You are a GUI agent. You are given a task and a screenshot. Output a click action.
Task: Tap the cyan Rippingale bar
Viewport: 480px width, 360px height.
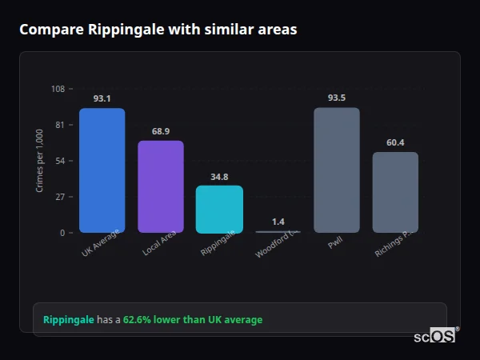219,209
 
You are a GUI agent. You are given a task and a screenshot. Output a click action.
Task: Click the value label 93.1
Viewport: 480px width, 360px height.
102,98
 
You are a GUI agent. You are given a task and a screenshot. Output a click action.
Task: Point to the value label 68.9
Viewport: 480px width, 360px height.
161,131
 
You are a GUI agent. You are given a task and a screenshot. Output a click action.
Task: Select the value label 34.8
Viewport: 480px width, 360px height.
219,177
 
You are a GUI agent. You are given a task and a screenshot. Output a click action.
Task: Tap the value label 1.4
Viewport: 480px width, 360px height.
278,222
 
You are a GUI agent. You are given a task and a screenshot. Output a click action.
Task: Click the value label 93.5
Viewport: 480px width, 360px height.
336,98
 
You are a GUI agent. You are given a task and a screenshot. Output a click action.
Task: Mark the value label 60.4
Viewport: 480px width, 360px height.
395,142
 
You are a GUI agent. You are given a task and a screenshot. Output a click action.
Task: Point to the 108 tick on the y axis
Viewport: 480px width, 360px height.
58,89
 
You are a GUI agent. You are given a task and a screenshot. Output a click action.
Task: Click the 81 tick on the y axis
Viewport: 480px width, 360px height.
60,125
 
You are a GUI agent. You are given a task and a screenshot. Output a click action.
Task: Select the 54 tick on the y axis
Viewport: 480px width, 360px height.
60,161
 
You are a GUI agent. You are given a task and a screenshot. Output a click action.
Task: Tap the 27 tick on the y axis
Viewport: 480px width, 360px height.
60,197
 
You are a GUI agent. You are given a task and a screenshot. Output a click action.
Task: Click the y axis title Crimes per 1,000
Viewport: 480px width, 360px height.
40,160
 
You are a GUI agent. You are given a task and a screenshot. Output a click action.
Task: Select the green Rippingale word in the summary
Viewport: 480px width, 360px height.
69,320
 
